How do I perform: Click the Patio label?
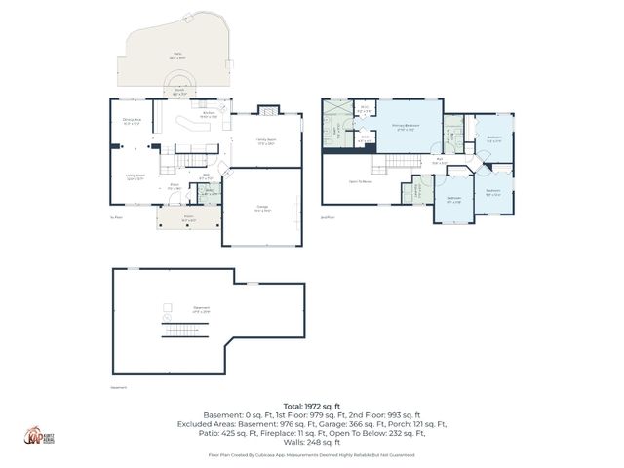pos(176,58)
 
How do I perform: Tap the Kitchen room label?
pos(208,114)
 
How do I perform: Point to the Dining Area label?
pos(133,121)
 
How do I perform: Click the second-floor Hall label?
pos(440,161)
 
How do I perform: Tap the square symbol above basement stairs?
pos(167,317)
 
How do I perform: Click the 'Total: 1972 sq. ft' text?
pos(311,405)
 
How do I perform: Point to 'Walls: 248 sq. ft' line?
pos(311,444)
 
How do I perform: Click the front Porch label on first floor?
pos(187,219)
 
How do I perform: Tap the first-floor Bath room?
pos(207,191)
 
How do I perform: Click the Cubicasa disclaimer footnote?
pos(311,455)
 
